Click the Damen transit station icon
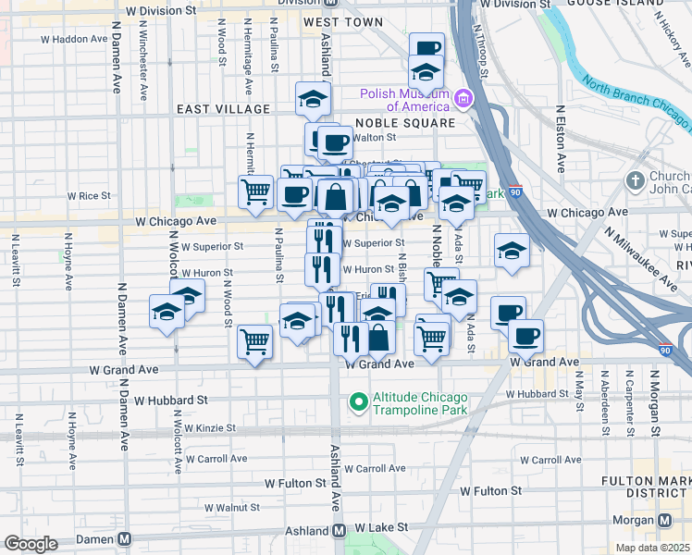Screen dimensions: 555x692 (123, 539)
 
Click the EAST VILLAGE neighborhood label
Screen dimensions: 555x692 (224, 109)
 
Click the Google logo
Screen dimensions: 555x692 (31, 544)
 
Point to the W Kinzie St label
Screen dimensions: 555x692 (210, 429)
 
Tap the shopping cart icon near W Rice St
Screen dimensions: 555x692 (255, 192)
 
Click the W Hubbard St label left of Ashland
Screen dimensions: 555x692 (170, 401)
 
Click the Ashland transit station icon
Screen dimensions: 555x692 (339, 531)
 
